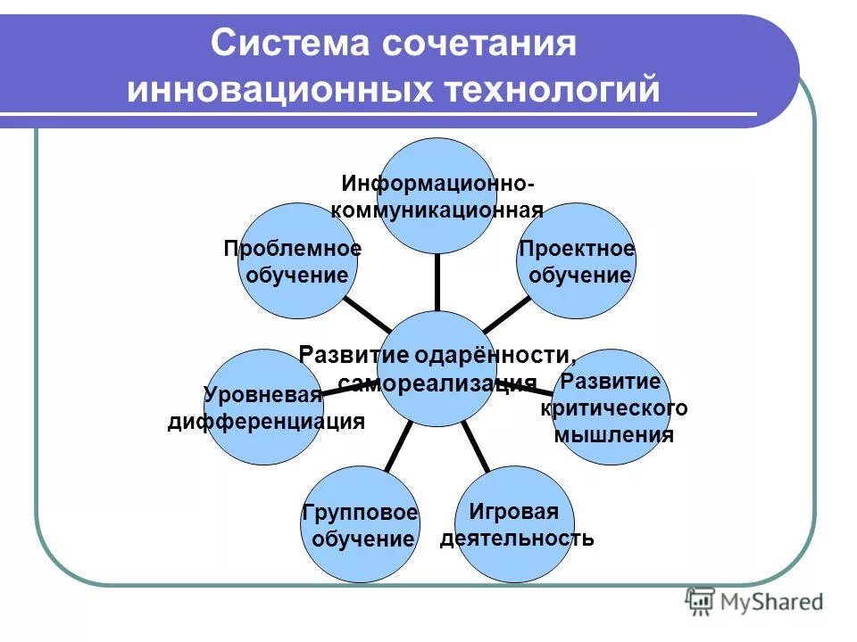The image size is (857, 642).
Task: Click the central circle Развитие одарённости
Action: pos(437,367)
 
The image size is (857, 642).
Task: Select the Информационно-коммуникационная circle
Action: pos(437,196)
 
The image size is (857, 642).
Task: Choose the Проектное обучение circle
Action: pos(578,261)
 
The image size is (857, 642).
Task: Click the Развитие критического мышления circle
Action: pos(612,407)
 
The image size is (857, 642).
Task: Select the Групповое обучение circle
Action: pos(359,525)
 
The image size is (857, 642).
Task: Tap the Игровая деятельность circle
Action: pos(515,525)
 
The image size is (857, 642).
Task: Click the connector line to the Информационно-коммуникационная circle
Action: pos(437,282)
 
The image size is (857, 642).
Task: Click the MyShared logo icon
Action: pos(700,602)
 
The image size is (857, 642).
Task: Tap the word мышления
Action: pos(614,435)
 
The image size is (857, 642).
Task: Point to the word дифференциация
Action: pos(266,421)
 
